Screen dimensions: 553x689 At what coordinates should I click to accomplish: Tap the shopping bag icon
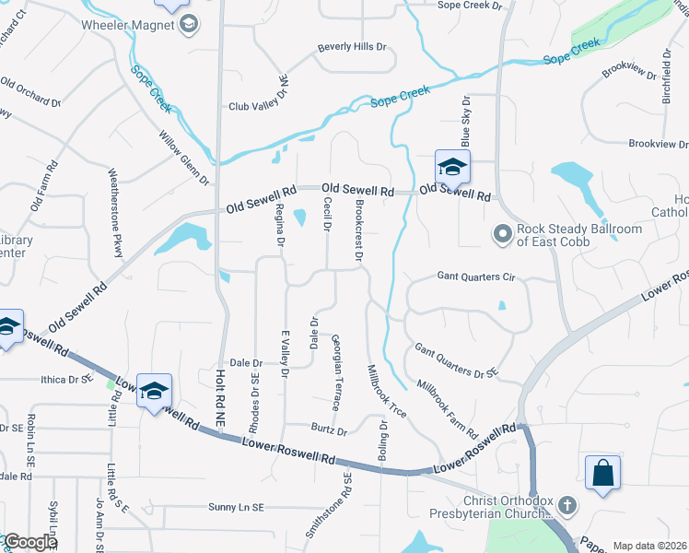[602, 474]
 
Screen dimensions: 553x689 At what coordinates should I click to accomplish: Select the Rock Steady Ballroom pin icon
[502, 235]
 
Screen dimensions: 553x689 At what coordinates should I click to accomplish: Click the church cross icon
[567, 505]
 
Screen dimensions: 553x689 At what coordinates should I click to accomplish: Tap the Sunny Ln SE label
[236, 508]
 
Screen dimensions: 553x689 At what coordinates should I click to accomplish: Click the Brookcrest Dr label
[360, 229]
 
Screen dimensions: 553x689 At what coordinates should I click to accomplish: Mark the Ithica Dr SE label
[66, 379]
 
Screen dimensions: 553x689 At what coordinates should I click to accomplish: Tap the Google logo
[30, 542]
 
